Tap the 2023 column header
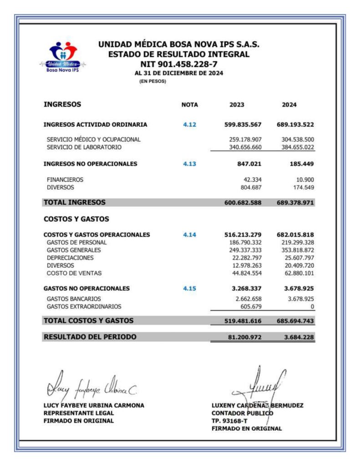[237, 105]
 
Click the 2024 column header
[289, 105]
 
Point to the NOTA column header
[190, 105]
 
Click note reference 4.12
[190, 124]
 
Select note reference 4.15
[190, 288]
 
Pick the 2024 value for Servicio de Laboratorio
[295, 147]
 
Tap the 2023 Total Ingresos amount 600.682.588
[243, 203]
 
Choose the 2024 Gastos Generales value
[295, 250]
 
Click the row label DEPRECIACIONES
[70, 258]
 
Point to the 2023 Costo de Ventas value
[245, 274]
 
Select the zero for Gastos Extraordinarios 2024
[312, 307]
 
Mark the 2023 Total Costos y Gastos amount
[243, 321]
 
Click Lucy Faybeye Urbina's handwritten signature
[89, 388]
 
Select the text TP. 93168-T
[229, 420]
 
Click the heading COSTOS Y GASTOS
[76, 219]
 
